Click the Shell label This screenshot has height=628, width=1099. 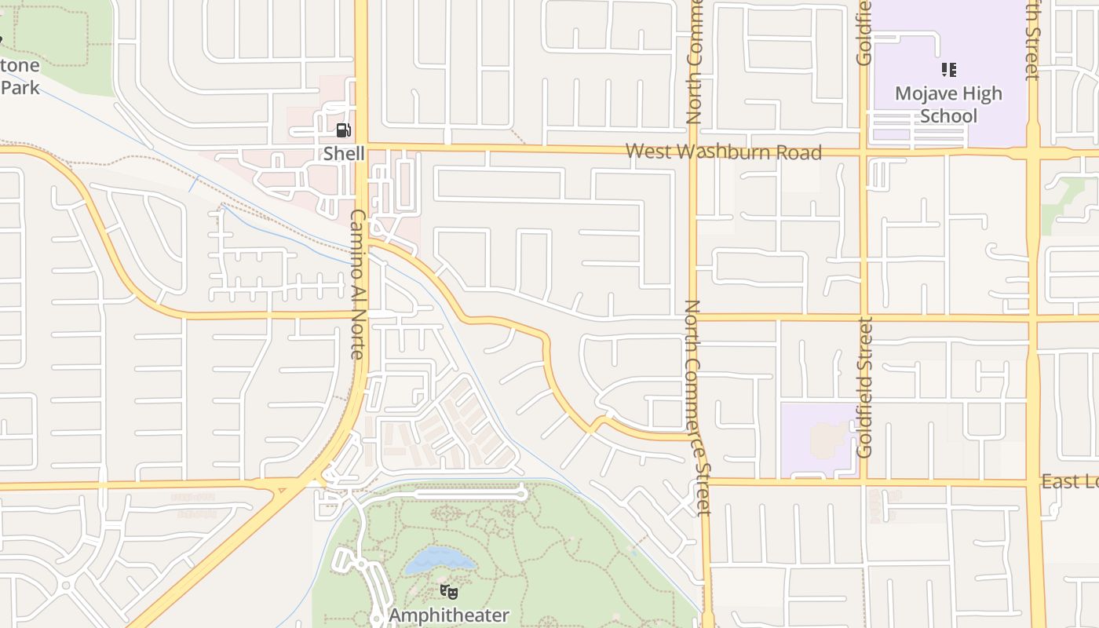pyautogui.click(x=344, y=153)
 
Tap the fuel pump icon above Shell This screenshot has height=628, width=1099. pyautogui.click(x=343, y=130)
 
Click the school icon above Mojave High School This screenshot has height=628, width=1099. pyautogui.click(x=948, y=70)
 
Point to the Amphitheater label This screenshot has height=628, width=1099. pyautogui.click(x=449, y=615)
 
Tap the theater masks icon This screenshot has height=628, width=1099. pyautogui.click(x=448, y=591)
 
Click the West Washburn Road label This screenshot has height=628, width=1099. pyautogui.click(x=724, y=152)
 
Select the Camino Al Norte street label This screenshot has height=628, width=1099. pyautogui.click(x=358, y=284)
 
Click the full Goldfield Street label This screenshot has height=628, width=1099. pyautogui.click(x=864, y=387)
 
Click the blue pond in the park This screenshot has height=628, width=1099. pyautogui.click(x=440, y=560)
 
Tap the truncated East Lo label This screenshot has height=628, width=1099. pyautogui.click(x=1069, y=481)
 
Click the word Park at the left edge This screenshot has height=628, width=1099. pyautogui.click(x=19, y=87)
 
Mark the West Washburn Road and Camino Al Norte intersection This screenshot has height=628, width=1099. pyautogui.click(x=361, y=146)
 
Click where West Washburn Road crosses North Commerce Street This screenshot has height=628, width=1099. pyautogui.click(x=693, y=151)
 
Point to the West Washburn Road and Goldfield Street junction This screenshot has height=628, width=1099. pyautogui.click(x=863, y=152)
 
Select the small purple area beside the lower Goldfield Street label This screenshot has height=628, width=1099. pyautogui.click(x=816, y=440)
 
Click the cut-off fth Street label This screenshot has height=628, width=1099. pyautogui.click(x=1032, y=39)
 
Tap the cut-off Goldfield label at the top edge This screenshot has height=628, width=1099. pyautogui.click(x=864, y=31)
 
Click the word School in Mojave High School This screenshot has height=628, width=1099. pyautogui.click(x=948, y=116)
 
